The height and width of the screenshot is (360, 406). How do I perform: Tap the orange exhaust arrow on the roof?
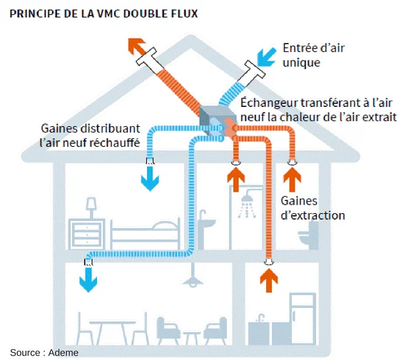138,47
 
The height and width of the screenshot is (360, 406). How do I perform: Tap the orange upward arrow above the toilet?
291,176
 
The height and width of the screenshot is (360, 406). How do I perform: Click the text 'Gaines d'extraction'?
313,208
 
